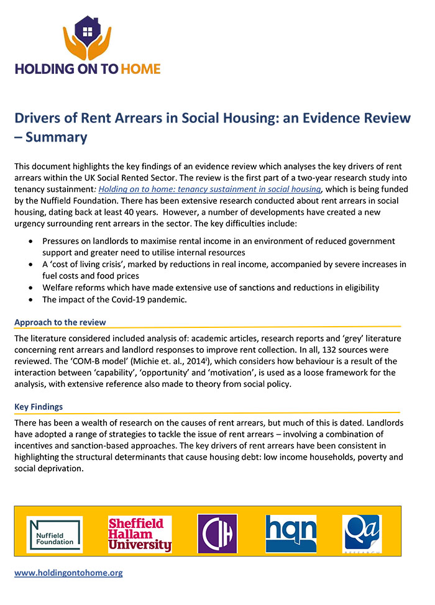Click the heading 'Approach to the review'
point(60,322)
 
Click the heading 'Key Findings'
point(39,407)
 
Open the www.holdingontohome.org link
point(68,573)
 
